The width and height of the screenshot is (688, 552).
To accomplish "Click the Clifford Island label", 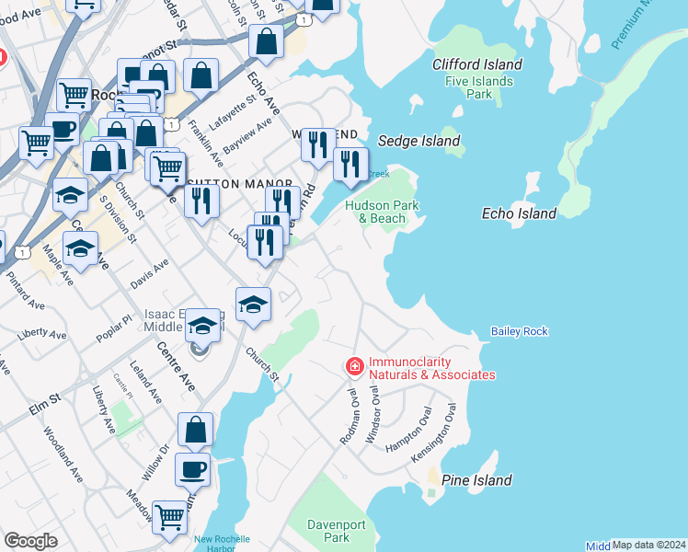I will [x=477, y=64].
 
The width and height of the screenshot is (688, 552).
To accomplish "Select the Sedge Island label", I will [x=419, y=141].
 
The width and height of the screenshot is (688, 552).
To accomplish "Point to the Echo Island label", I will [x=519, y=213].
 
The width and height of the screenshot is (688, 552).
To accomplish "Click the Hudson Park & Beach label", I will [x=381, y=212].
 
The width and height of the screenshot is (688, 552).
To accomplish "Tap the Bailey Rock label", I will [x=519, y=331].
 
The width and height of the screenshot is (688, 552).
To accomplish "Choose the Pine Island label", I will [x=476, y=480].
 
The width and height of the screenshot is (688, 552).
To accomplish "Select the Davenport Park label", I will [x=329, y=531].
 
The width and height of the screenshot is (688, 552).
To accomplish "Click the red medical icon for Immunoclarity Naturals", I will [x=354, y=367].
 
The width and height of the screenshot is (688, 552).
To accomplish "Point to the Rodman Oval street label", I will [x=351, y=416].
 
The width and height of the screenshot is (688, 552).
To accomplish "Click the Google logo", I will [x=30, y=541].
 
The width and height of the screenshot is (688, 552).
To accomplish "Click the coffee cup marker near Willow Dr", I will [x=193, y=469].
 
